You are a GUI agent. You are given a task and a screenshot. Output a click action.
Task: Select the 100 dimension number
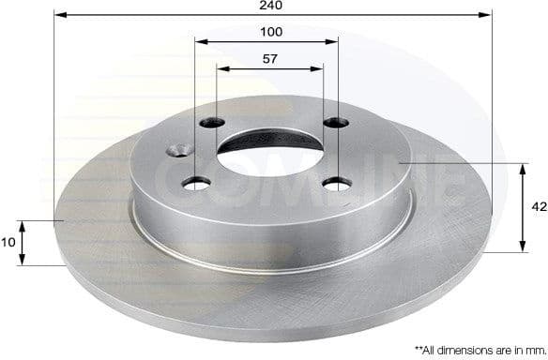click(x=272, y=32)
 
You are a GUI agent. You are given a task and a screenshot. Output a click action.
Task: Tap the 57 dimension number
click(x=270, y=58)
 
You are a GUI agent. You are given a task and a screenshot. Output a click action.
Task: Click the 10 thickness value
click(x=9, y=243)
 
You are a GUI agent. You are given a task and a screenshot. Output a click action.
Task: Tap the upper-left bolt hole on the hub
click(x=213, y=123)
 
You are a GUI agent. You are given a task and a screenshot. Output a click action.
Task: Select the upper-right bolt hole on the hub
click(x=333, y=124)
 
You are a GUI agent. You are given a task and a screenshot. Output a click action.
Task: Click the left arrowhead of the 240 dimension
click(x=60, y=15)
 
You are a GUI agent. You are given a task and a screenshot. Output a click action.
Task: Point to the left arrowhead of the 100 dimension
click(x=199, y=41)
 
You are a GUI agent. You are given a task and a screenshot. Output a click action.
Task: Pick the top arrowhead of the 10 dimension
click(x=24, y=223)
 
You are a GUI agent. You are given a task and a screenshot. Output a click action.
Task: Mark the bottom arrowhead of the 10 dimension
click(x=24, y=262)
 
